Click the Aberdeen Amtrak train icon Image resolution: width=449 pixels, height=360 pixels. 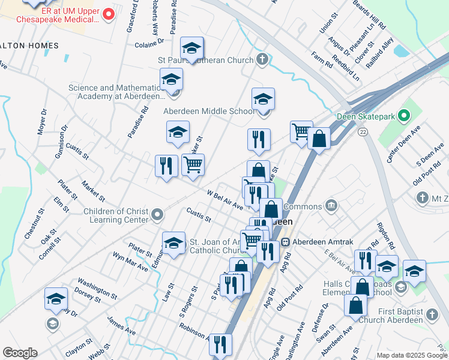[x=286, y=241]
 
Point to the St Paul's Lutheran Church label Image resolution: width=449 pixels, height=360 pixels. [x=205, y=60]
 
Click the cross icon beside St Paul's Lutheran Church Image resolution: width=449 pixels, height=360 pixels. [x=262, y=59]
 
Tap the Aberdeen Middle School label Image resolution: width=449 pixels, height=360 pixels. [x=209, y=111]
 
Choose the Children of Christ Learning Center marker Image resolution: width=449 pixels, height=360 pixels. [x=157, y=214]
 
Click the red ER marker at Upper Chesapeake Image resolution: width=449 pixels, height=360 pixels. [x=108, y=14]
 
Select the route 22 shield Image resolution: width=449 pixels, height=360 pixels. [x=362, y=131]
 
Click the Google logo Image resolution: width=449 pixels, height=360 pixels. [x=20, y=353]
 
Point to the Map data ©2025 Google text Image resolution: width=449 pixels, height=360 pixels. [x=412, y=355]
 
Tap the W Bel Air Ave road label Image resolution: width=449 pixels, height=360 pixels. [x=224, y=200]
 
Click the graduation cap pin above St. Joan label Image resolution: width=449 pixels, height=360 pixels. [x=173, y=243]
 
